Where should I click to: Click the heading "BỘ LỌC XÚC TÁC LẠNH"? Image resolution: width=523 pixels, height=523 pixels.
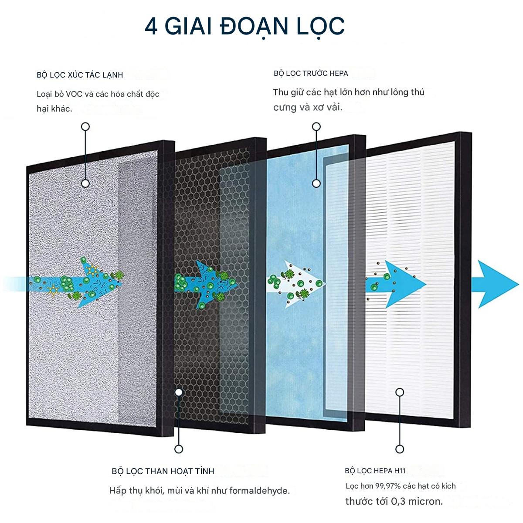tap(80, 75)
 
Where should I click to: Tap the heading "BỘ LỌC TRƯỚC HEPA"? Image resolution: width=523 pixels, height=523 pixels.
tap(311, 73)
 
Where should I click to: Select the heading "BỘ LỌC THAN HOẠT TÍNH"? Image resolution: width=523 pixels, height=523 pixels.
tap(163, 471)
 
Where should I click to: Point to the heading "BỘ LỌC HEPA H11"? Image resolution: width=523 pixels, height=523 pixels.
tap(375, 471)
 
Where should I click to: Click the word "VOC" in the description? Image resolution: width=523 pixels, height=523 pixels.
tap(74, 94)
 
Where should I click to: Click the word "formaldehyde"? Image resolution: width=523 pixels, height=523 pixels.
tap(259, 491)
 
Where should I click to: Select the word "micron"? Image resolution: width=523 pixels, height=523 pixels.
tap(425, 501)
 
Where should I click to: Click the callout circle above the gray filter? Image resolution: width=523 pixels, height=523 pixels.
tap(85, 127)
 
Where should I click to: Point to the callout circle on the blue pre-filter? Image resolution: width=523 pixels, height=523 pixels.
tap(316, 183)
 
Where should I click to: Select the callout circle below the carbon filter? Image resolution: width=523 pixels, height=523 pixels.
tap(178, 449)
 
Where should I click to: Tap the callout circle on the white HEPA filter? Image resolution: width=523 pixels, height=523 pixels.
tap(400, 392)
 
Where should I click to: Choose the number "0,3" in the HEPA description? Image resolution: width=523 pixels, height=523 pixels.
tap(398, 501)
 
